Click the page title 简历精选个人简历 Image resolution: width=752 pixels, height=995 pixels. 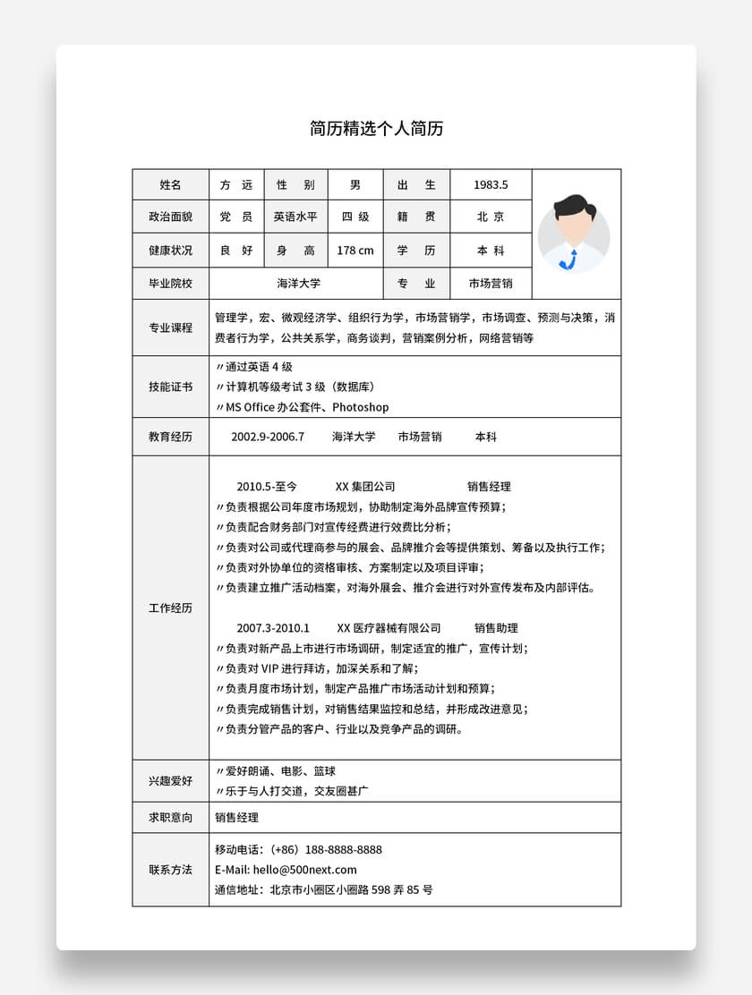click(376, 129)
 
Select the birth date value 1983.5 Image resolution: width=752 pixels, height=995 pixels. click(491, 185)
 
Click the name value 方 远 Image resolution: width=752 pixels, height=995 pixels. click(236, 185)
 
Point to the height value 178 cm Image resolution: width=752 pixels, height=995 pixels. click(355, 251)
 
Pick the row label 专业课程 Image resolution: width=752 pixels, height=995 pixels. click(170, 328)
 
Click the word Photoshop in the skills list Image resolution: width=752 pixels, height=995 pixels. click(361, 407)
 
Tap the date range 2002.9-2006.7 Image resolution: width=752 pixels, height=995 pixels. click(268, 437)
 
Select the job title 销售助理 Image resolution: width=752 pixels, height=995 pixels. click(496, 628)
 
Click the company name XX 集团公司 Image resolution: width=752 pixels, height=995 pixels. click(365, 487)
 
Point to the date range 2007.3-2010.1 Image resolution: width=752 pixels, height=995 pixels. click(273, 628)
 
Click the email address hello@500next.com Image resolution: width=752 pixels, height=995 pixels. click(304, 870)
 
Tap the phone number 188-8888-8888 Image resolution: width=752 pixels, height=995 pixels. click(344, 850)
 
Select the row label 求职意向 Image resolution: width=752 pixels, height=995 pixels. click(170, 818)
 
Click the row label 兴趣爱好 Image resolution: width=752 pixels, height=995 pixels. click(170, 781)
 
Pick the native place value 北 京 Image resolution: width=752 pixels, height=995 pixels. click(491, 217)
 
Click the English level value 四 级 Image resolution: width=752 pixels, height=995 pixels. click(355, 217)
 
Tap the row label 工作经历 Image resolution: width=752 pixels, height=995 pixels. click(170, 608)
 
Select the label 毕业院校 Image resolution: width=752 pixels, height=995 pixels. click(170, 284)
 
